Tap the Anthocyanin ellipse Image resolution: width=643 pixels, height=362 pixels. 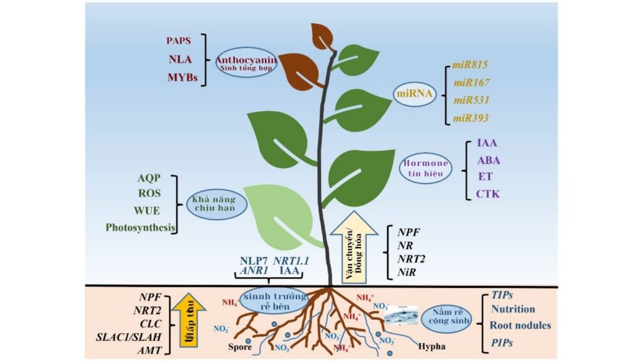[x=246, y=64]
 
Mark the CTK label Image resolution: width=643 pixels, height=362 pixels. [x=488, y=193]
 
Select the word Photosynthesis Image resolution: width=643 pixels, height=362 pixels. [x=140, y=227]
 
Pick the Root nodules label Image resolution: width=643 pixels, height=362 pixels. [x=521, y=325]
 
